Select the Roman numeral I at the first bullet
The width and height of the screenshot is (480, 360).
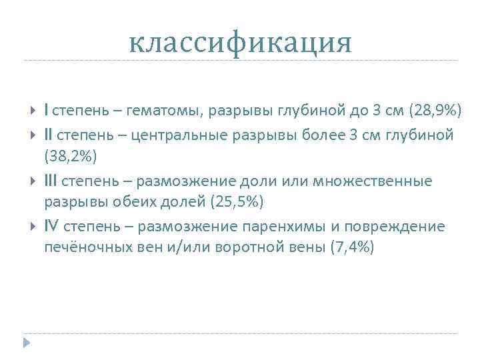(46, 109)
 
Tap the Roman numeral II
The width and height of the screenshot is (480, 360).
(49, 135)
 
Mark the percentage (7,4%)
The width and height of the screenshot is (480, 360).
(352, 247)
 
